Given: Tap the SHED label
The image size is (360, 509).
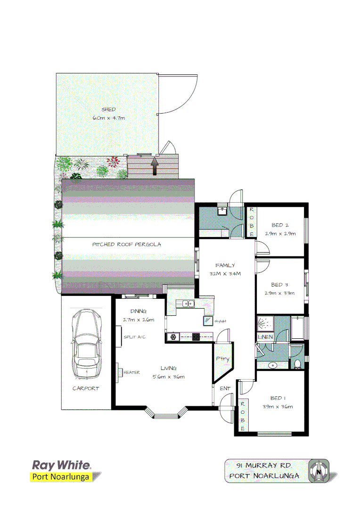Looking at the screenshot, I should [x=108, y=109].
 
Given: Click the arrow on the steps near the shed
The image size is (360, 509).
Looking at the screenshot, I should [x=154, y=165].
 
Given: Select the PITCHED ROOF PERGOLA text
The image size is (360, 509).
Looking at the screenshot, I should [x=126, y=245].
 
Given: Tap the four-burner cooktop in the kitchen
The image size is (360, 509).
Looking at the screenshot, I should [x=196, y=337].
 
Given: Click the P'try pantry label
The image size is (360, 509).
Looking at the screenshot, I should [x=222, y=359].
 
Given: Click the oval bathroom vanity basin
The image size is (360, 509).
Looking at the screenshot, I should [x=272, y=365].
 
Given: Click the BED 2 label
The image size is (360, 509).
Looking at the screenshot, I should [x=280, y=225].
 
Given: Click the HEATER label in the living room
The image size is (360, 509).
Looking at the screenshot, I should [x=132, y=372].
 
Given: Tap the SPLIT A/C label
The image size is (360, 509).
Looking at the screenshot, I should [x=134, y=337].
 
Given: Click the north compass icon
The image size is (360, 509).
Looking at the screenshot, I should [x=319, y=470].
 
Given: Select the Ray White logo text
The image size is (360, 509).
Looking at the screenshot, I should [x=61, y=465].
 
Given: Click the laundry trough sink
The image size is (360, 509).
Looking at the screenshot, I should [x=222, y=211].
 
